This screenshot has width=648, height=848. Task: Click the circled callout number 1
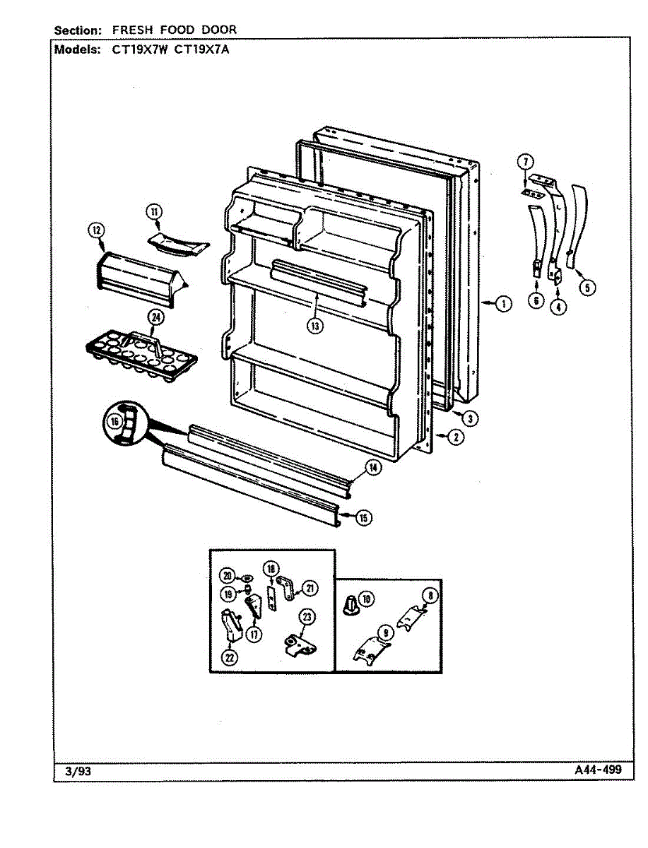point(502,304)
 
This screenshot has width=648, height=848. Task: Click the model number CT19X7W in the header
point(146,50)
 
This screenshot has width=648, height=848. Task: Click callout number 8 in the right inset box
point(430,595)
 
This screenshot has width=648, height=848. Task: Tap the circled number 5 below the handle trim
point(588,288)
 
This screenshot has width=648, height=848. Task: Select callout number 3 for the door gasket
point(470,418)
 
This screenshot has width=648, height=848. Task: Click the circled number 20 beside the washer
point(227,575)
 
